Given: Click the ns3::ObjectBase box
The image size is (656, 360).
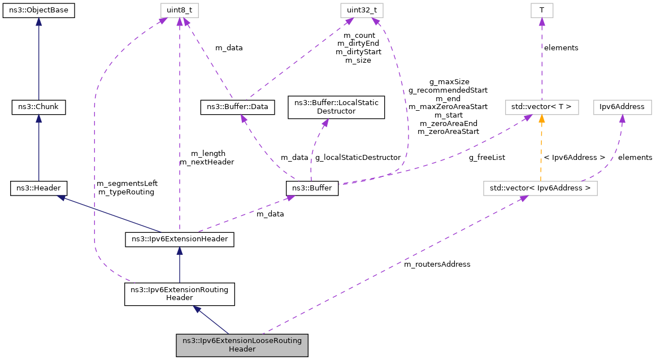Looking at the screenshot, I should (x=38, y=10).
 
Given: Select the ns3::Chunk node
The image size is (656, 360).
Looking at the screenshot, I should (x=38, y=106).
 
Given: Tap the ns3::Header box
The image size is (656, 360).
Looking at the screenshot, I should (x=38, y=188).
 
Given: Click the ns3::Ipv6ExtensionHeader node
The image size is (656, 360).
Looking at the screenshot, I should (x=179, y=240).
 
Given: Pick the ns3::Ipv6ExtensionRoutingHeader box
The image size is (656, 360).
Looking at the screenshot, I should (x=179, y=294).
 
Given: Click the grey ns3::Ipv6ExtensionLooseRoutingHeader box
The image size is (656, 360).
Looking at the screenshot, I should (x=242, y=345).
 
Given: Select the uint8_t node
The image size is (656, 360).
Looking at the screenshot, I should (x=179, y=10).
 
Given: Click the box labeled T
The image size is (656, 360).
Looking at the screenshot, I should (x=541, y=10).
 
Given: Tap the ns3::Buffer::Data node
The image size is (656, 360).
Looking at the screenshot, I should (x=238, y=106).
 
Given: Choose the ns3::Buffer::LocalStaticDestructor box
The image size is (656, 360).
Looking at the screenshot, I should (x=336, y=107).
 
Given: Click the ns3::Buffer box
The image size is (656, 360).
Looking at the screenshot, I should (x=312, y=188).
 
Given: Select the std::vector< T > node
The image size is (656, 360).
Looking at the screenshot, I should (x=541, y=106).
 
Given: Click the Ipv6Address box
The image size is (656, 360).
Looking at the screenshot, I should (x=622, y=106).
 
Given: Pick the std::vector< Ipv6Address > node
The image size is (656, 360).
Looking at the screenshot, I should (x=540, y=188).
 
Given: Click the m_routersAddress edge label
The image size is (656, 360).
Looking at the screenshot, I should (x=437, y=264).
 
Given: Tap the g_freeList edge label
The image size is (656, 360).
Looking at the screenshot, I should (x=486, y=158).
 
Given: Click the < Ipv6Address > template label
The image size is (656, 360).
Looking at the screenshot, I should (x=574, y=158).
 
